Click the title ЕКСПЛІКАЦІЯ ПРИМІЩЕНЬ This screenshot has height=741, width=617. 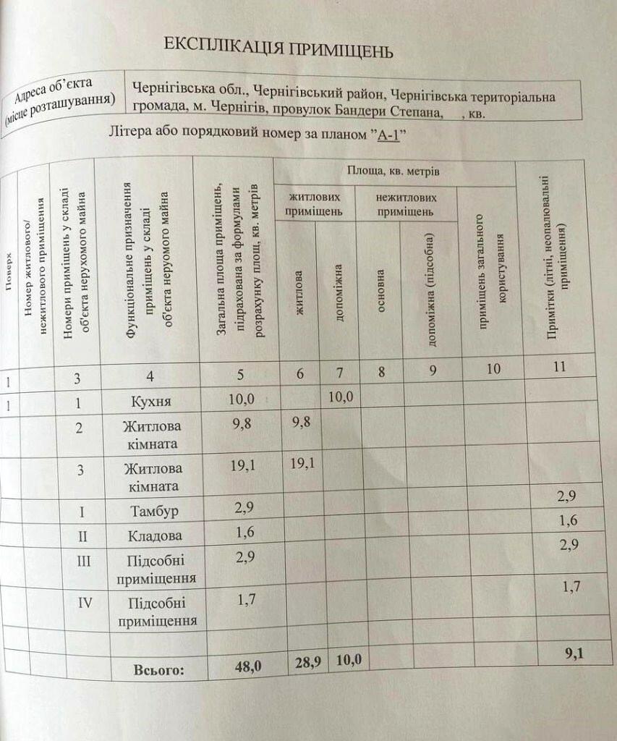(278, 50)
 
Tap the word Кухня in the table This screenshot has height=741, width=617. (152, 401)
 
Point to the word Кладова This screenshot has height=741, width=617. (154, 537)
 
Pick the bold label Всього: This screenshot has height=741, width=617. (159, 670)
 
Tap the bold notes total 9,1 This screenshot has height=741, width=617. (574, 654)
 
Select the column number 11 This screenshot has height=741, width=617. (558, 366)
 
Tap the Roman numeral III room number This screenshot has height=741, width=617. (84, 561)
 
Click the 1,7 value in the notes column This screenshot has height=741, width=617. (571, 587)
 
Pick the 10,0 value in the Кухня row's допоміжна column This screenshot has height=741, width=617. (341, 397)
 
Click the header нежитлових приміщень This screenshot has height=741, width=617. (406, 204)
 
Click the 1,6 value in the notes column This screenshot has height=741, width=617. (568, 520)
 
